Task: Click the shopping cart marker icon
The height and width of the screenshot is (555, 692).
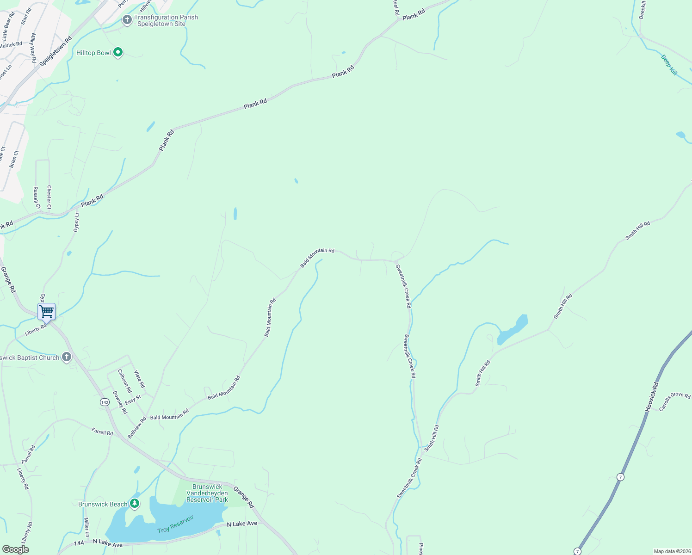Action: click(x=47, y=312)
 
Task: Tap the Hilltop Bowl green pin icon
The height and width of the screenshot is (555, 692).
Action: click(x=118, y=52)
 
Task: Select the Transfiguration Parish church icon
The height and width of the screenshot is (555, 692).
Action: click(x=127, y=20)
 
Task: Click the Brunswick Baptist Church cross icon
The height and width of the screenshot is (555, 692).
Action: click(x=67, y=357)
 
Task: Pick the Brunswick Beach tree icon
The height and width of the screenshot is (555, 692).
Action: click(x=135, y=503)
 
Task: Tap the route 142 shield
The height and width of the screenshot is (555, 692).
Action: click(x=105, y=402)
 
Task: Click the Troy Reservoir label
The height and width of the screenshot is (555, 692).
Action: click(x=175, y=524)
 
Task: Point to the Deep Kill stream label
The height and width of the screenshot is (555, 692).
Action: click(x=669, y=65)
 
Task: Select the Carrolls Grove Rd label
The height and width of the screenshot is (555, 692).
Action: click(x=674, y=401)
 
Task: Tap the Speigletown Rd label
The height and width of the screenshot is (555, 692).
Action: click(x=56, y=51)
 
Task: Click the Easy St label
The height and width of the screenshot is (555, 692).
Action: click(x=133, y=400)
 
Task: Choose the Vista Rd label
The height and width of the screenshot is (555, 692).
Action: click(x=139, y=379)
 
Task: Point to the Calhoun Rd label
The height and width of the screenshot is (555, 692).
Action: click(x=124, y=381)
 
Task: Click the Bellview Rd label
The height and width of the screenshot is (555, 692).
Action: click(x=137, y=427)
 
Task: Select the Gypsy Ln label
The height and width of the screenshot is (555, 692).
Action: click(x=77, y=222)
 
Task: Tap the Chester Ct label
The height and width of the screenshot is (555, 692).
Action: click(x=49, y=197)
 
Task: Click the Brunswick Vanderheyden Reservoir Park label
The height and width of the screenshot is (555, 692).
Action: click(x=207, y=493)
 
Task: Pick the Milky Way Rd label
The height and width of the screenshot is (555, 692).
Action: click(x=33, y=48)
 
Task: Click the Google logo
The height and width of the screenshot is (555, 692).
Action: click(x=15, y=549)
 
